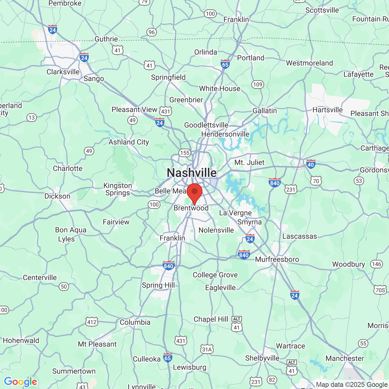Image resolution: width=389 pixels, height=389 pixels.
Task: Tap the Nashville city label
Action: point(192,173)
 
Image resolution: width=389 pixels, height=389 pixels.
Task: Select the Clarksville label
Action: point(63,72)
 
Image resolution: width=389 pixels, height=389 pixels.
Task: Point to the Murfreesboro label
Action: point(277,260)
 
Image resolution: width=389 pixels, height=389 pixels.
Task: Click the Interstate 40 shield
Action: point(311,164)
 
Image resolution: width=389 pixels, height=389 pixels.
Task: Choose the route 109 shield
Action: point(257,84)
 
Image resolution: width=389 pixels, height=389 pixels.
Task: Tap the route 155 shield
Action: point(184,153)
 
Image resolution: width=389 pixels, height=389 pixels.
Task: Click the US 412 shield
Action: point(92,322)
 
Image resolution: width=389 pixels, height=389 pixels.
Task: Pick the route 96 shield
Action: point(152,32)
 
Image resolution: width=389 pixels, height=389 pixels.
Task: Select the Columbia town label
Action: point(135,322)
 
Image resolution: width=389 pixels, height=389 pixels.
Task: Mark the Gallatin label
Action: point(265,111)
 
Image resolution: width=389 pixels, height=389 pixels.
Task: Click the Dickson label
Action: point(57,196)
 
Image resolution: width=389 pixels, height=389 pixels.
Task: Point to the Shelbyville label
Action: point(262,358)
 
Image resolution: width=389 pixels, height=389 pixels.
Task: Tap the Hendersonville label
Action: point(225,134)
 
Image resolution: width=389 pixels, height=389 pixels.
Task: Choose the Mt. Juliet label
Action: point(249,163)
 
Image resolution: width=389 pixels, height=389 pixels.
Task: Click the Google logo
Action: point(20,382)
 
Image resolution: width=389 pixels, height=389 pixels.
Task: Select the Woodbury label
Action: point(348,264)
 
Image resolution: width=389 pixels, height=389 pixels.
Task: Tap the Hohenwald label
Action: point(21,341)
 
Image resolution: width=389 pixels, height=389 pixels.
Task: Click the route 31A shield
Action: point(207,349)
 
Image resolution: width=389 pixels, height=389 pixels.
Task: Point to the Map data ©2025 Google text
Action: point(352,385)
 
